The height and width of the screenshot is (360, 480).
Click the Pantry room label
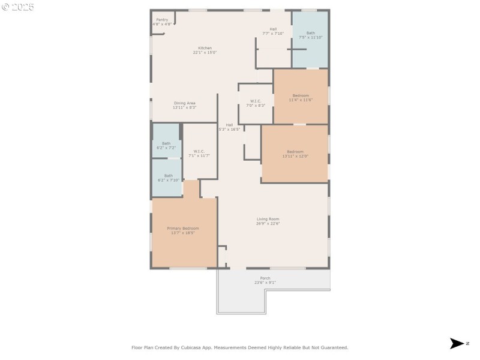(162, 20)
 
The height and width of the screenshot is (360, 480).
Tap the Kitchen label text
(205, 48)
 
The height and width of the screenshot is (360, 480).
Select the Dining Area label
(184, 103)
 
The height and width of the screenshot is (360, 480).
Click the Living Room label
(268, 219)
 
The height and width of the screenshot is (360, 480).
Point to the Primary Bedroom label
(183, 228)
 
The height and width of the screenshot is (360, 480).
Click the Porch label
(265, 278)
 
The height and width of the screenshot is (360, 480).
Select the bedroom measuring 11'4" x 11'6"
(301, 98)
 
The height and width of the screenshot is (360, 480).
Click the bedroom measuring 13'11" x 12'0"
(295, 154)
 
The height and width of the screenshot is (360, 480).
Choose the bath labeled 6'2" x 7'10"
(166, 178)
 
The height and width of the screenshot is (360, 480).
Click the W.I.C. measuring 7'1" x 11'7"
(199, 153)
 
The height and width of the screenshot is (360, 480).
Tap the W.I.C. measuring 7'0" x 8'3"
(256, 103)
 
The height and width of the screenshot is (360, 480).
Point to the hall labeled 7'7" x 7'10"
(273, 31)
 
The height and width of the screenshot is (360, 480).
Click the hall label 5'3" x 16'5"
(229, 127)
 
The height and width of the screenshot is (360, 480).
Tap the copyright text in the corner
(18, 7)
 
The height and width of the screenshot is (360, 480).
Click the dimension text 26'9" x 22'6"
(268, 223)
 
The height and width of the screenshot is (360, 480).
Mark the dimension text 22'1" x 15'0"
(205, 52)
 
